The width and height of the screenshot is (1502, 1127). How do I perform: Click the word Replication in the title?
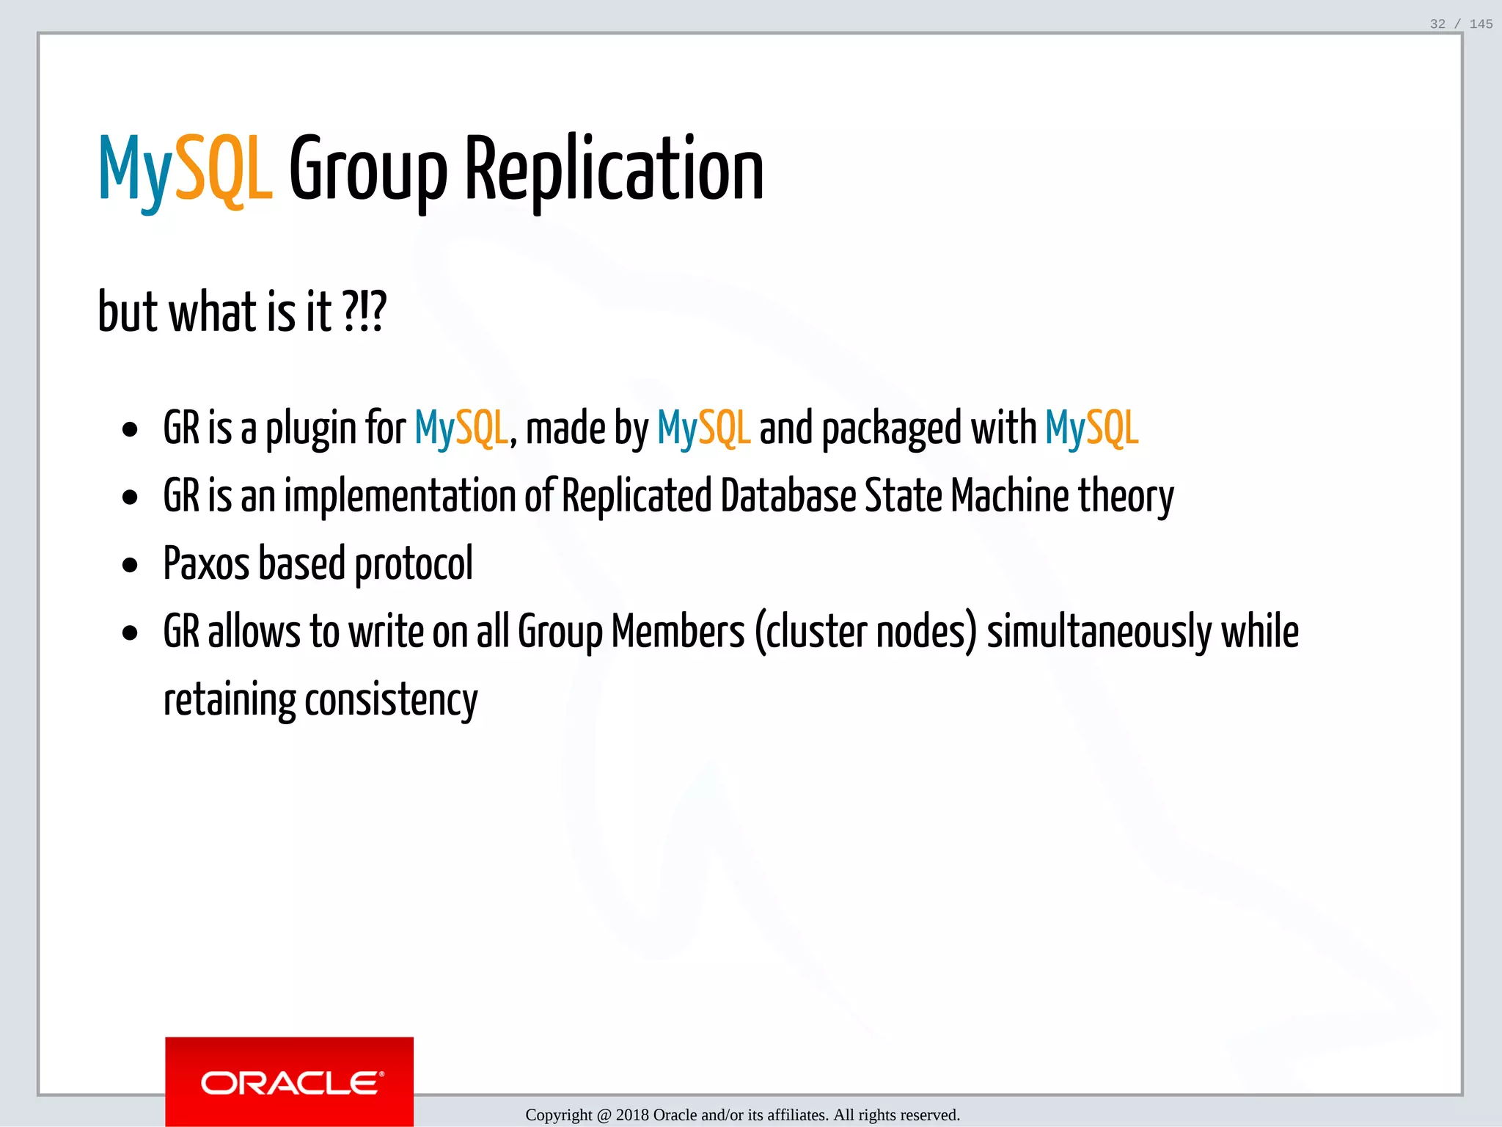pos(614,170)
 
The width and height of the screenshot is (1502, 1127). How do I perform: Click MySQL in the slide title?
pos(186,170)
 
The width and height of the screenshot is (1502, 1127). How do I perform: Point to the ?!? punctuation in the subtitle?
pos(364,312)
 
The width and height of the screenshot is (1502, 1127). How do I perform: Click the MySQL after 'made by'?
pos(703,429)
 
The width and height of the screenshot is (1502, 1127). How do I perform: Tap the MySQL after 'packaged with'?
pos(1091,429)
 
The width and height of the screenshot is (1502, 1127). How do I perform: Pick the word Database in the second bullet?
pos(788,496)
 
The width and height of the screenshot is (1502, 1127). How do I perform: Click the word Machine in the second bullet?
pos(1010,496)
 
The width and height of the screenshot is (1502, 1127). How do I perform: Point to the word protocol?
pos(414,564)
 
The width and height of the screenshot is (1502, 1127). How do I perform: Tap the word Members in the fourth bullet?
pos(678,632)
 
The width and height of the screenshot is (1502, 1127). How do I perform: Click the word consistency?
pos(391,700)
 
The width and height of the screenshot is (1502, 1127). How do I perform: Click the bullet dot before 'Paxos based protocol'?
pos(131,566)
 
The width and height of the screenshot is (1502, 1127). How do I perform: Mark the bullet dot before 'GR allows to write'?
pos(131,633)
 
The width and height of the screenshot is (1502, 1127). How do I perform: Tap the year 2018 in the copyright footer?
pos(632,1115)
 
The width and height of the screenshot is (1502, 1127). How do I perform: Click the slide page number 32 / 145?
pos(1461,24)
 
